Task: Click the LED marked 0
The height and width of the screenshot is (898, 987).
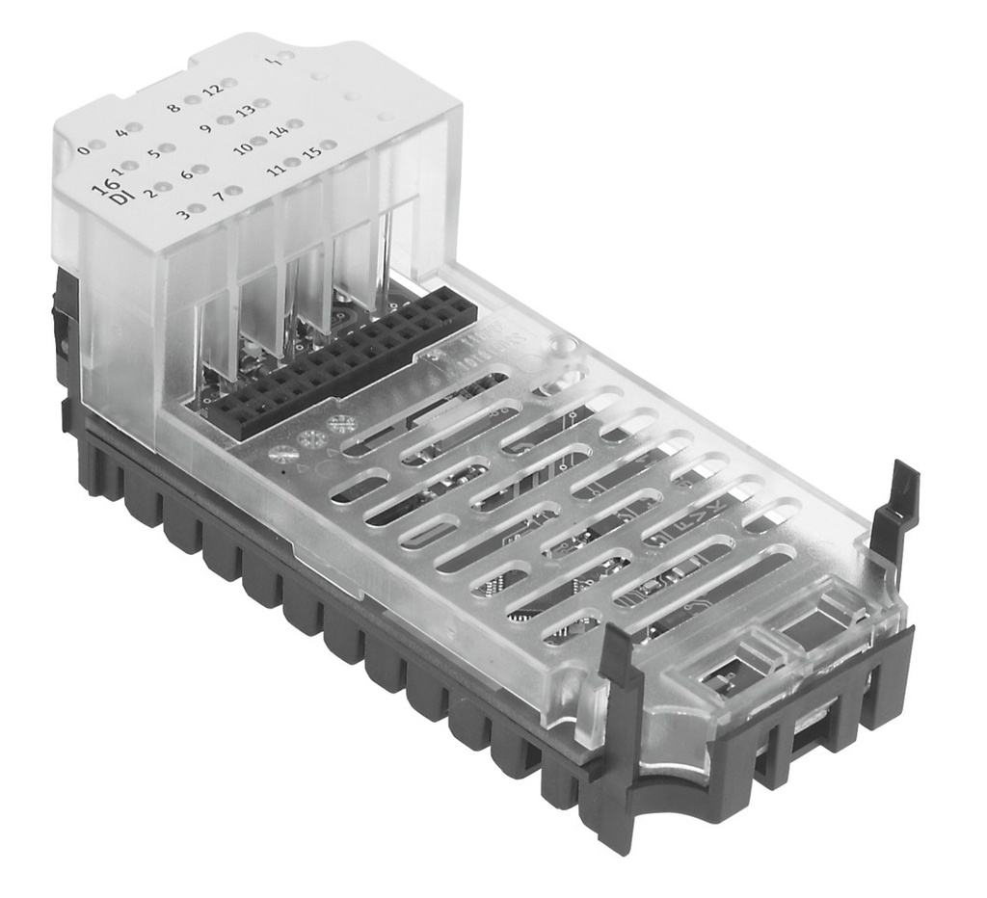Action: [98, 147]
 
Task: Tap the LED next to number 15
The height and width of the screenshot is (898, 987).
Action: [328, 146]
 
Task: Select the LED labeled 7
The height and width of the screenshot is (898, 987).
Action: [231, 192]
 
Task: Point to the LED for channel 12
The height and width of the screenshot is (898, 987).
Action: [228, 84]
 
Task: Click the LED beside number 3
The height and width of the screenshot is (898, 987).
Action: [197, 208]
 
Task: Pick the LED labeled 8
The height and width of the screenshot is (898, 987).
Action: [193, 100]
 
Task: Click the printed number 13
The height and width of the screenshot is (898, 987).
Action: [247, 111]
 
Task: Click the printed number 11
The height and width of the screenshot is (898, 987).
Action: [277, 171]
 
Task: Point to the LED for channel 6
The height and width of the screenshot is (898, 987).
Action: [200, 170]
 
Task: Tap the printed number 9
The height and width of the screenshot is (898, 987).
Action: [205, 127]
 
